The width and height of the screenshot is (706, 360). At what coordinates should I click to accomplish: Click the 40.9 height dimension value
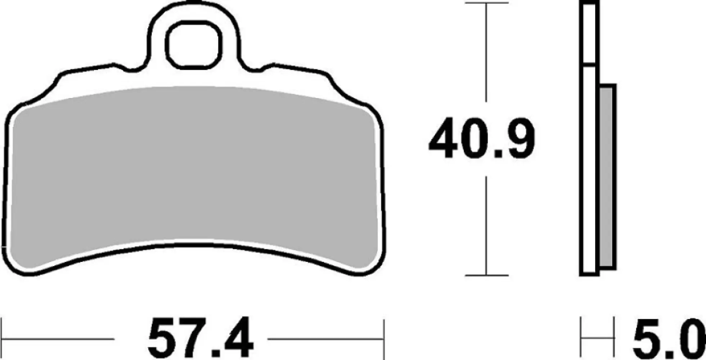(x=482, y=138)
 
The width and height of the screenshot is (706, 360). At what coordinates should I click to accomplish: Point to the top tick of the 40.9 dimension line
(x=486, y=3)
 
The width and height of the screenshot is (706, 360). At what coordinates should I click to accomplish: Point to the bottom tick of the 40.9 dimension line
(x=486, y=275)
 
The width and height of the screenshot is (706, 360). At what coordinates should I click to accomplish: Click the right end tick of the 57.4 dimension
(x=384, y=339)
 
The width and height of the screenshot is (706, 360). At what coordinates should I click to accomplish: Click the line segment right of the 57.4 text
(x=324, y=339)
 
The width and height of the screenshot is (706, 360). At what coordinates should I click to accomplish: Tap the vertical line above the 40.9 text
(x=486, y=54)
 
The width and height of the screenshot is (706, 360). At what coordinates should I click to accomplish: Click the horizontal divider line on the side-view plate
(x=589, y=65)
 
